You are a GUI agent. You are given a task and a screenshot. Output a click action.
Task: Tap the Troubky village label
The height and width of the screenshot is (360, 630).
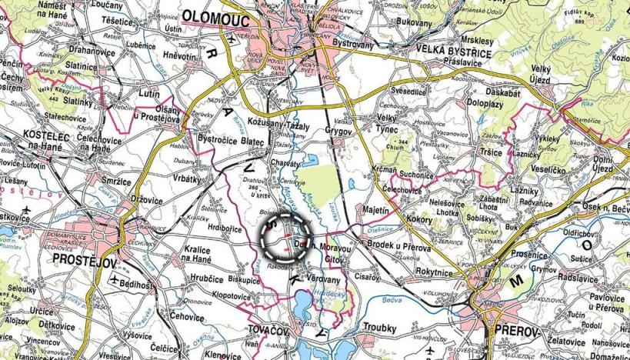[379, 326]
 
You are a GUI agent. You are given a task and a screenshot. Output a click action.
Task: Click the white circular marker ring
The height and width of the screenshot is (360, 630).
[284, 236]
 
